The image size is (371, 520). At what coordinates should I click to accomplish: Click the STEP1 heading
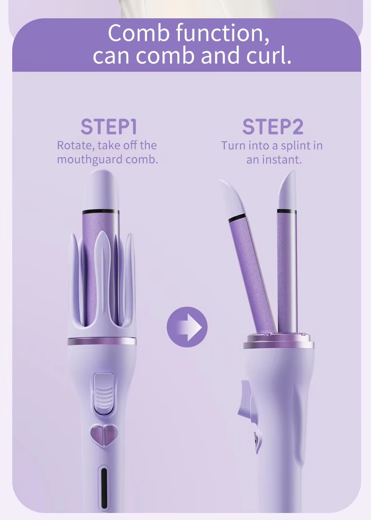(x=108, y=127)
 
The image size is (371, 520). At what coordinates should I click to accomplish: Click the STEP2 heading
(x=273, y=127)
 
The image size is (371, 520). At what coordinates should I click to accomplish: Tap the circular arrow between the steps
(x=187, y=327)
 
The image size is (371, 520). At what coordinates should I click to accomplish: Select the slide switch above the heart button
(x=104, y=394)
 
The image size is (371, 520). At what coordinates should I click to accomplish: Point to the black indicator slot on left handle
(x=104, y=488)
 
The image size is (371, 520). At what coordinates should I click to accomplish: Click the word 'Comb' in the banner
(x=139, y=33)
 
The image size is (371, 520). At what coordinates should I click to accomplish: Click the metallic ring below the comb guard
(x=102, y=341)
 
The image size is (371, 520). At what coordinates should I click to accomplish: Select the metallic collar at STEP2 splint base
(x=278, y=341)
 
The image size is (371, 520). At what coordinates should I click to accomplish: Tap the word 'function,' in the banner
(x=223, y=33)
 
